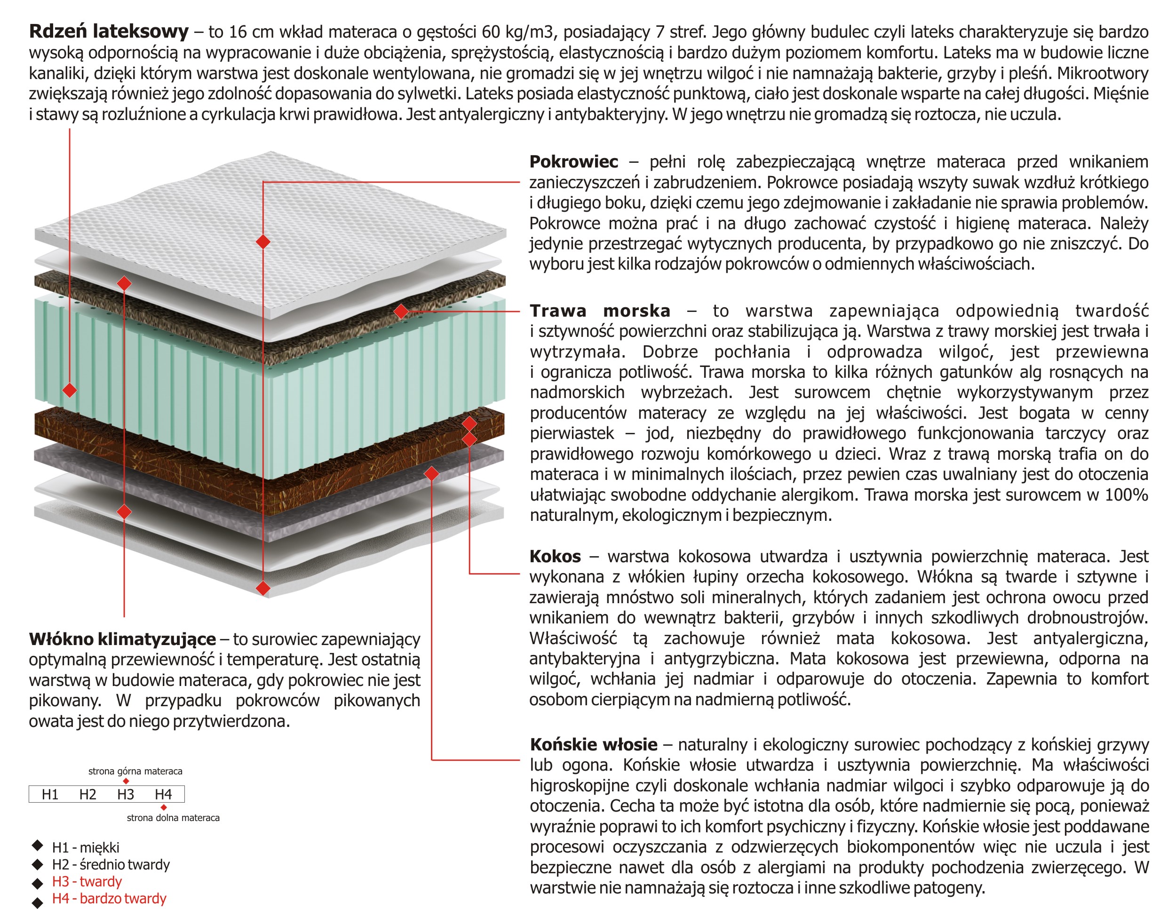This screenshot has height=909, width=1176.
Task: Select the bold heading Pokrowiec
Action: (x=573, y=161)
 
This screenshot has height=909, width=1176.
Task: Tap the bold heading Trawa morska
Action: (x=600, y=311)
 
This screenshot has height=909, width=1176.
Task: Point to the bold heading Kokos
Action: (x=555, y=556)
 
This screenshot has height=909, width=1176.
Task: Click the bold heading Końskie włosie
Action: (x=593, y=745)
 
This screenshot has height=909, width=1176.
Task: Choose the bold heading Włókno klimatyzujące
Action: (x=122, y=639)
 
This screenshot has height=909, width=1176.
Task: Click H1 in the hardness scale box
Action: (x=50, y=794)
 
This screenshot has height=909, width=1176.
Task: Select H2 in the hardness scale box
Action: (x=88, y=794)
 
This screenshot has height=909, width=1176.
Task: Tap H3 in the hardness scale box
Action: (x=126, y=794)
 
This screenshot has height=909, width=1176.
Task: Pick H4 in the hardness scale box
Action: (x=163, y=794)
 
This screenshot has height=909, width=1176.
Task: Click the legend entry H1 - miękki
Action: (x=86, y=848)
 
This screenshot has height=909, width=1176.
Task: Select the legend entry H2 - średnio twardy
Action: (x=111, y=865)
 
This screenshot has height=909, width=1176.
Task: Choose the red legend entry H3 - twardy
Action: (x=87, y=882)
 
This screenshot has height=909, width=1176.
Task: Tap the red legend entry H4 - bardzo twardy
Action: (x=109, y=899)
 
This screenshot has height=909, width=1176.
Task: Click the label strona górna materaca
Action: (x=135, y=771)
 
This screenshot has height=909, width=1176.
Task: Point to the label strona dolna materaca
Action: (x=173, y=818)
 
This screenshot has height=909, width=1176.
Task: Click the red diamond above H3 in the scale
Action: (x=126, y=781)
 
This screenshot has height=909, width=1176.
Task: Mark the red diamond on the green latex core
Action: (x=70, y=390)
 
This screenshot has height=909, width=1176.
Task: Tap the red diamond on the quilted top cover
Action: (x=263, y=241)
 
